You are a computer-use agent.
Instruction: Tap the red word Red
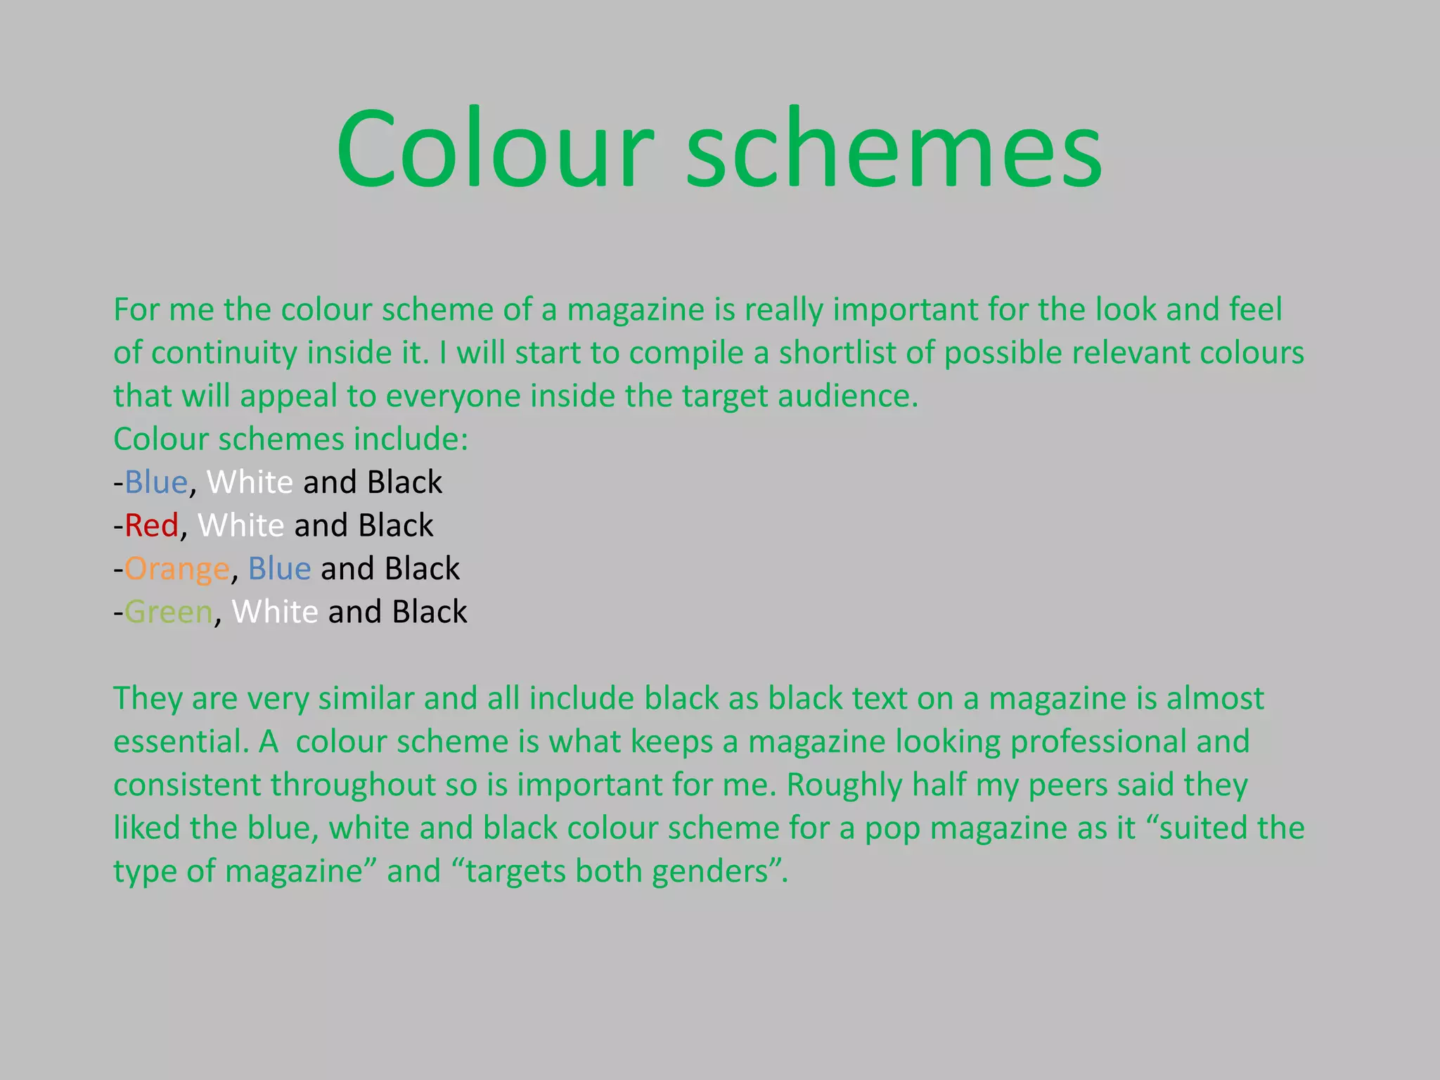click(151, 526)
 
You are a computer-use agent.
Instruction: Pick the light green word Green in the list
click(169, 612)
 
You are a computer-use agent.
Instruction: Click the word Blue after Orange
click(279, 569)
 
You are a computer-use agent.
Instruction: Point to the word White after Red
click(241, 526)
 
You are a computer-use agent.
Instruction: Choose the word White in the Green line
click(275, 612)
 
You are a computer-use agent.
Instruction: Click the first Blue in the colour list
click(156, 483)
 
